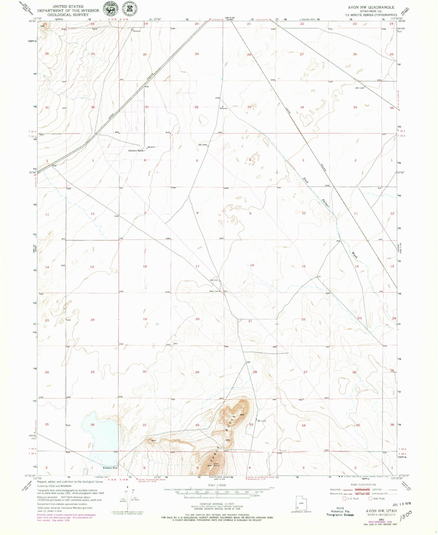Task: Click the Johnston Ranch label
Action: (136, 151)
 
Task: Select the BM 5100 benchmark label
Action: (359, 88)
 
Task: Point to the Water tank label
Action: (214, 292)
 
